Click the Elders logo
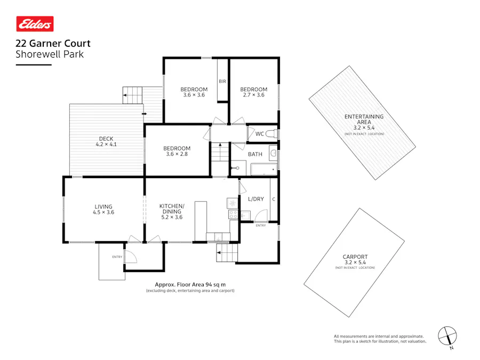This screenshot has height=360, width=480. pos(35,24)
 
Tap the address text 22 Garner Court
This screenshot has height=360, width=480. pos(53,44)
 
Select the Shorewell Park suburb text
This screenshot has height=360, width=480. pos(50,54)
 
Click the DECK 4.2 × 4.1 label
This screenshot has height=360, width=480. pos(106,141)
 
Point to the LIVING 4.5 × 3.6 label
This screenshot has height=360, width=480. pos(104,209)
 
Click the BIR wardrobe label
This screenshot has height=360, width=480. pos(222,82)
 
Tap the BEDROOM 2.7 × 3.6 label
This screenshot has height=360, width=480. pos(253,92)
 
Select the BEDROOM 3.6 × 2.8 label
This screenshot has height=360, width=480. pos(177,151)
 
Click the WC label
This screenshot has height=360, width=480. pos(260,133)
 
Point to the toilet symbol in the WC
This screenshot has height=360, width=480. pos(271,133)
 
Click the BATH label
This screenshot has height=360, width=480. pos(255,154)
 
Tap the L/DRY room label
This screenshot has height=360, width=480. pos(256,199)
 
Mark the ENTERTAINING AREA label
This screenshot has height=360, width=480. pos(364,122)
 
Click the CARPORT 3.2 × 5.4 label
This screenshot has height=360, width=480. pos(355,260)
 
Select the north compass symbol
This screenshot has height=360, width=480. pos(448,336)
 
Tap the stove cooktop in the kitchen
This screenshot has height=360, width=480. pos(233,214)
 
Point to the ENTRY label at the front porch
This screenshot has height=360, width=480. pos(117,257)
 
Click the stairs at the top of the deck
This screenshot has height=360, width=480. pos(133,95)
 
